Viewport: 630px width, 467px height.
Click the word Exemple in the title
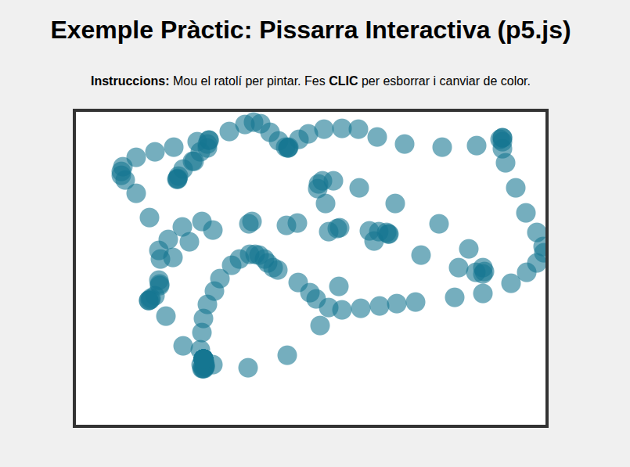click(102, 31)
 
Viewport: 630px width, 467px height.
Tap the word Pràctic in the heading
click(207, 31)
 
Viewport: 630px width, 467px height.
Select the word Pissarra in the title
click(308, 31)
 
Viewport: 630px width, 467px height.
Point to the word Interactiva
click(427, 31)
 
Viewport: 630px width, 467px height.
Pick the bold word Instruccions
click(130, 81)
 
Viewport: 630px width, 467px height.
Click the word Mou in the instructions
click(185, 81)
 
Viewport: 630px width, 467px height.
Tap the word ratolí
click(228, 81)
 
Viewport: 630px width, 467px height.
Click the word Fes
click(315, 81)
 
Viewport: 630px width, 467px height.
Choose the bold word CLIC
click(343, 81)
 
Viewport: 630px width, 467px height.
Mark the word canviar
click(459, 81)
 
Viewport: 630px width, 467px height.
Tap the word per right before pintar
click(253, 82)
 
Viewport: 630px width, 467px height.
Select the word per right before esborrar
click(370, 82)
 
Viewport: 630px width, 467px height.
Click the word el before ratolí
click(205, 81)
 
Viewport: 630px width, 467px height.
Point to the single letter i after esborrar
click(434, 81)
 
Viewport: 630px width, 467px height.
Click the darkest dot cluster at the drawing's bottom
click(203, 364)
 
